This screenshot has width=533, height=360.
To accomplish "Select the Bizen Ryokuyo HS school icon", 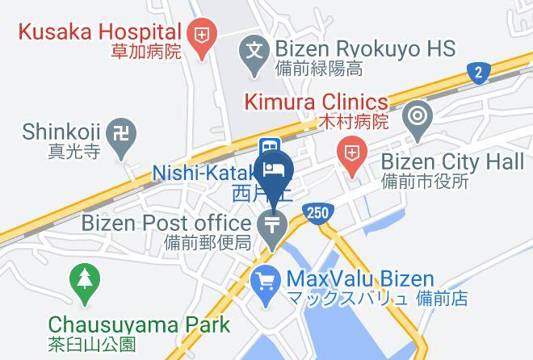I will tap(254, 49).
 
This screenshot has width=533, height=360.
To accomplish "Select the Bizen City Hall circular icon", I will tap(418, 114).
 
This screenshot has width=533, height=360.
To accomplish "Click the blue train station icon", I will tap(267, 147).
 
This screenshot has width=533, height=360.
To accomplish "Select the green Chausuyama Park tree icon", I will tap(83, 279).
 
